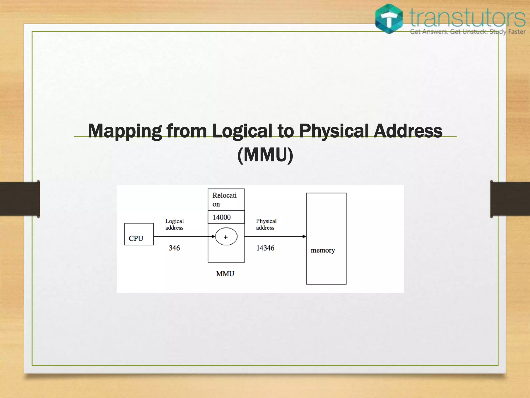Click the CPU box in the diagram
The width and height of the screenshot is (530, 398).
[139, 234]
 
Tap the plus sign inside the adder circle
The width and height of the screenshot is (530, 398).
[226, 237]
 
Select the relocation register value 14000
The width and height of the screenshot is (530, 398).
[222, 217]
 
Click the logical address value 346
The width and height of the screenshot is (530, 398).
[174, 248]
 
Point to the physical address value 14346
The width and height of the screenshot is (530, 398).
[265, 248]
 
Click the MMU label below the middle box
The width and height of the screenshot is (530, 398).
[225, 274]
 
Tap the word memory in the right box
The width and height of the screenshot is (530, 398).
[323, 250]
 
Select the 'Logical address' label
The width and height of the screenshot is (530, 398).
[174, 224]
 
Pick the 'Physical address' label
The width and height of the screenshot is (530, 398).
[266, 224]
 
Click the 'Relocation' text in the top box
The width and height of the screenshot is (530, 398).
[224, 200]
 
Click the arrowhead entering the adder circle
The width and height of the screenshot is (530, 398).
[213, 237]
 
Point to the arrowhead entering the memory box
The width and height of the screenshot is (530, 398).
[304, 237]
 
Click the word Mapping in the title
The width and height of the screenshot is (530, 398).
[125, 131]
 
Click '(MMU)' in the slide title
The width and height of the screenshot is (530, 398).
[265, 155]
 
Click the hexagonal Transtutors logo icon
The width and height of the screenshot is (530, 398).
[389, 19]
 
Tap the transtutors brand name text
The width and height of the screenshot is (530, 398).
[468, 18]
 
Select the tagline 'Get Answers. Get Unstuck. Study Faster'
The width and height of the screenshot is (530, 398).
[468, 32]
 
